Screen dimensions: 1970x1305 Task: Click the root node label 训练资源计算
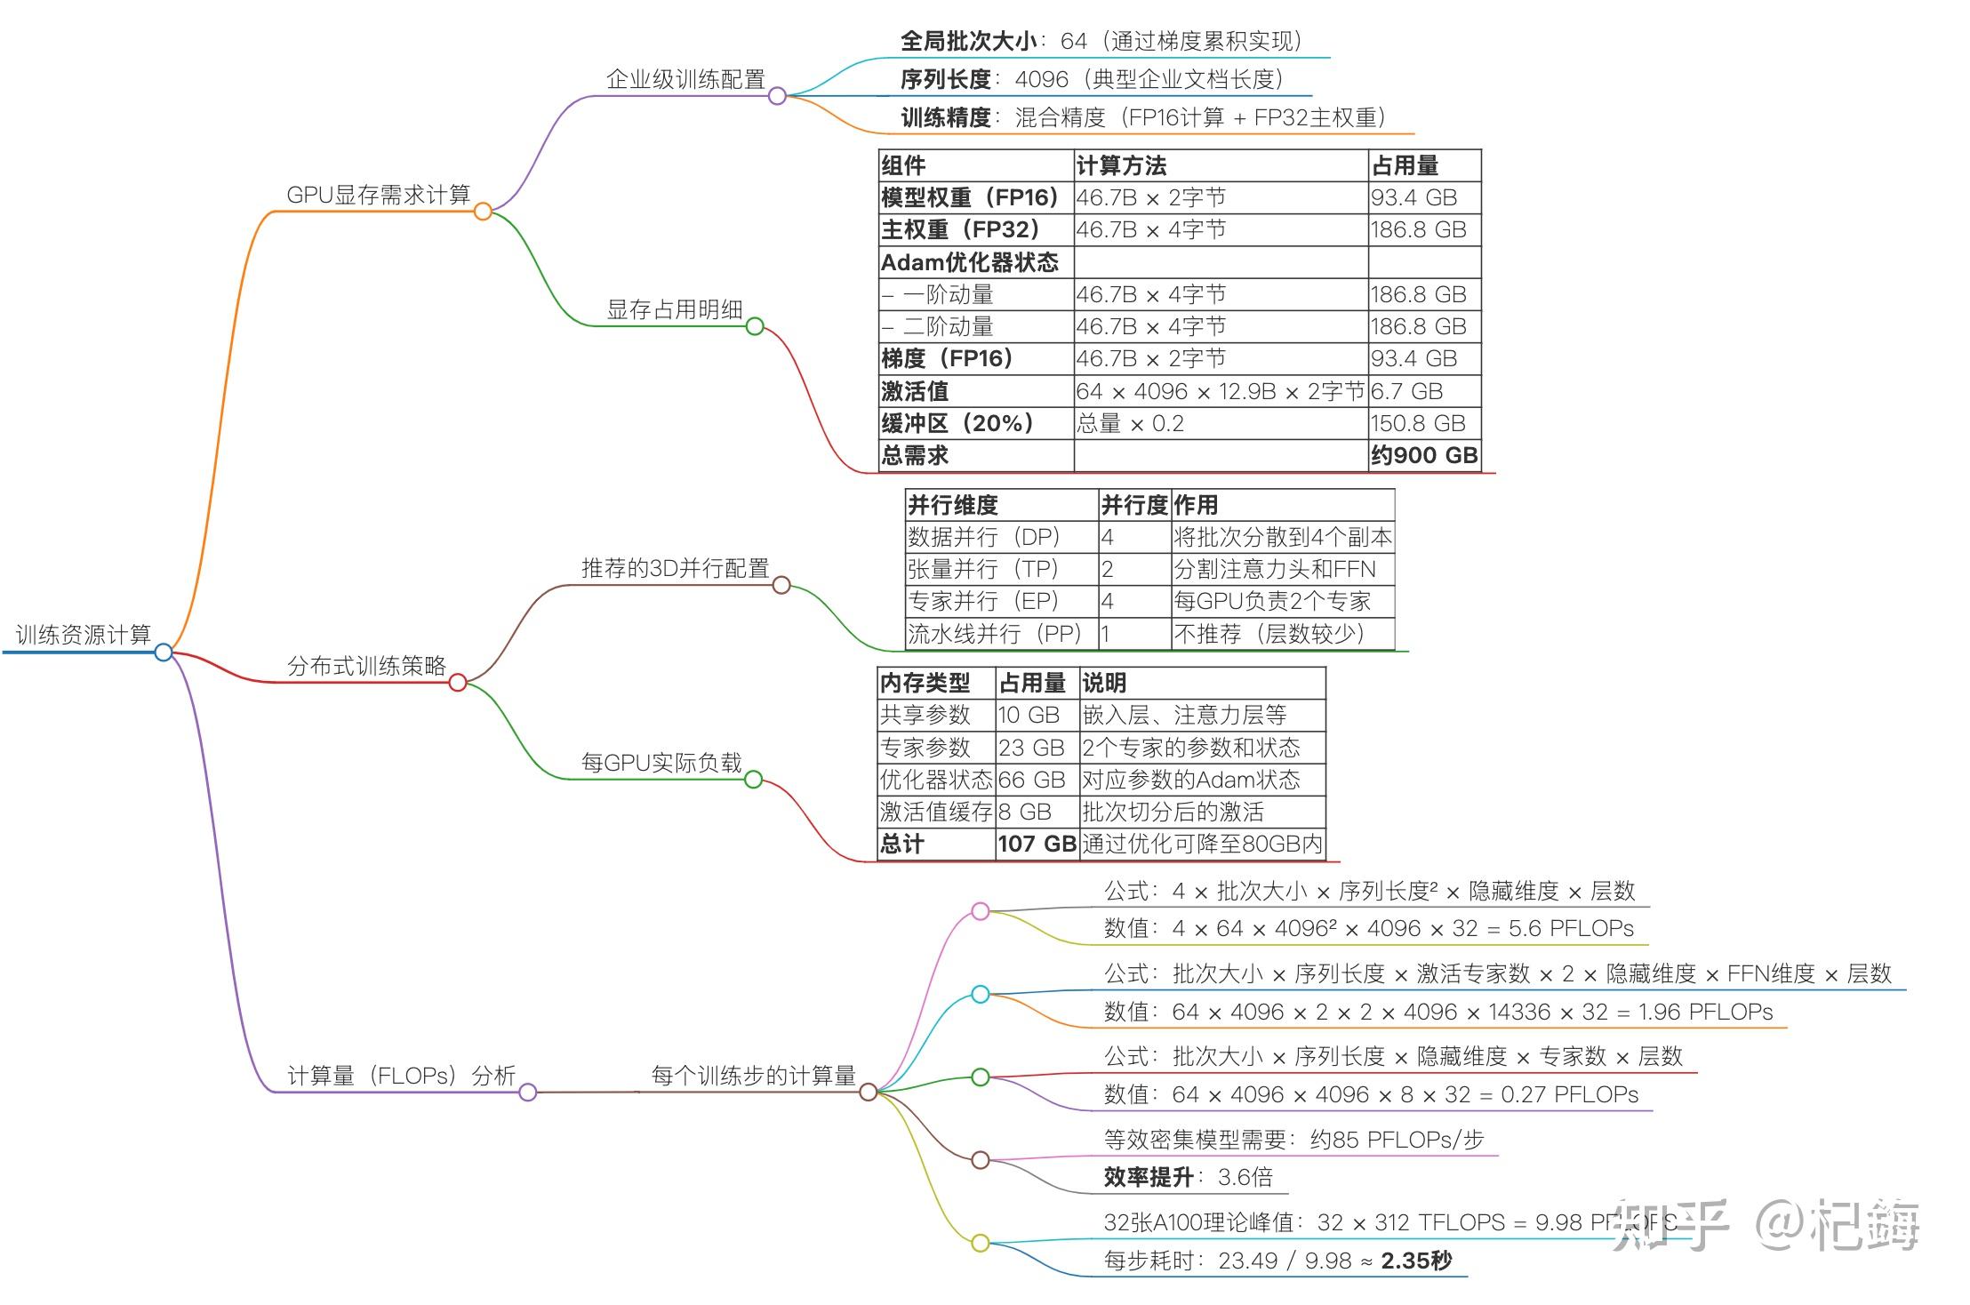click(84, 635)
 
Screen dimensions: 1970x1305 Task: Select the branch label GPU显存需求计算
click(378, 195)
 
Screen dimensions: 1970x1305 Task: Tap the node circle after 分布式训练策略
click(458, 683)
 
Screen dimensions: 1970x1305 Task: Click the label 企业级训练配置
click(685, 79)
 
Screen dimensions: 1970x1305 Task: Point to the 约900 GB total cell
click(1424, 455)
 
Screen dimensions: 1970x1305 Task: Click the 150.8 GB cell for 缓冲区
click(1418, 423)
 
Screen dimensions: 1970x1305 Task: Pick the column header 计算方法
click(1121, 165)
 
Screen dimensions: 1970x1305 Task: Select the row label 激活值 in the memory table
click(915, 391)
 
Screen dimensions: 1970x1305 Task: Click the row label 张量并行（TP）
click(983, 569)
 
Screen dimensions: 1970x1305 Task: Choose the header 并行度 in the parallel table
click(1133, 505)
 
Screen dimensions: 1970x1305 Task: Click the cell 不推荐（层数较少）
click(1269, 634)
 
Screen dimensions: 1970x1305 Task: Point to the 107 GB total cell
click(1037, 844)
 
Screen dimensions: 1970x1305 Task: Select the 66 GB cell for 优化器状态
click(1031, 780)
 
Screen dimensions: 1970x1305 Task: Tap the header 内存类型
click(925, 683)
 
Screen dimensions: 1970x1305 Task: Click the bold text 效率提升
click(1149, 1177)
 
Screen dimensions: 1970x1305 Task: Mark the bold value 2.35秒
click(1416, 1260)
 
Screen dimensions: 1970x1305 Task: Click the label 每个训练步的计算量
click(753, 1076)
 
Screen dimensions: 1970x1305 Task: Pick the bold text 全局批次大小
click(968, 41)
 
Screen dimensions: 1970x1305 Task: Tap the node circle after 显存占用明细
click(755, 326)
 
